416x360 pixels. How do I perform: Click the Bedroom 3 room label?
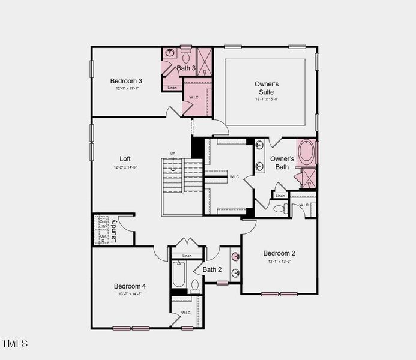click(126, 81)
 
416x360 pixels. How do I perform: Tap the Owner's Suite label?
click(266, 88)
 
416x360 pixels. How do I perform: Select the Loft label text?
click(125, 159)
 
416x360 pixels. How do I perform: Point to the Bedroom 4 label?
click(130, 286)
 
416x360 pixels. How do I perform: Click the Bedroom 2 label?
click(279, 253)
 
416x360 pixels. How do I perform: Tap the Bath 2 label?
click(212, 270)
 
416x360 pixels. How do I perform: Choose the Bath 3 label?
click(186, 68)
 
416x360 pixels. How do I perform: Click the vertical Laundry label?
click(113, 231)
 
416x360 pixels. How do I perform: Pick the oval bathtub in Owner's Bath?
click(307, 152)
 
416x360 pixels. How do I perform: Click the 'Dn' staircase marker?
click(173, 153)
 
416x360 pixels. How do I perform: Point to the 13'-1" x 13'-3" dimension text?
click(279, 262)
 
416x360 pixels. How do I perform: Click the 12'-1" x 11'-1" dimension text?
click(127, 89)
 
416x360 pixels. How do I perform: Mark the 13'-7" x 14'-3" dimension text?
click(130, 294)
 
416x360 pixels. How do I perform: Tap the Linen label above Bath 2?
click(187, 256)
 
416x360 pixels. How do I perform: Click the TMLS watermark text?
click(14, 344)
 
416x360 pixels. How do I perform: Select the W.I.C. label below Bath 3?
click(194, 97)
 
